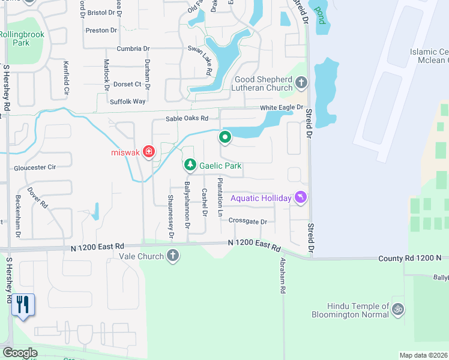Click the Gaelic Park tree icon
(190, 164)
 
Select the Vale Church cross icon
(172, 256)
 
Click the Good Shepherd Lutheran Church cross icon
(301, 82)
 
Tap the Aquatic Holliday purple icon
(301, 197)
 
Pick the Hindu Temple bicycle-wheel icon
(397, 309)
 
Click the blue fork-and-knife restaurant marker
(23, 305)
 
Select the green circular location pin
(225, 138)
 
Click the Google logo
(20, 352)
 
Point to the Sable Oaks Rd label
(187, 119)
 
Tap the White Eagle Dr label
(282, 107)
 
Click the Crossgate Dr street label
(247, 221)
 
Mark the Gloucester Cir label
(35, 169)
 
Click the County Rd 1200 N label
(409, 258)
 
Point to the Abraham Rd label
(282, 276)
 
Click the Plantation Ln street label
(220, 197)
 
